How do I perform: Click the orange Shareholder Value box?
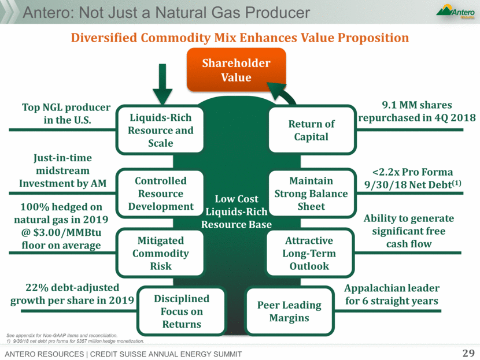(237, 70)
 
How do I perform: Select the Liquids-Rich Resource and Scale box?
(160, 129)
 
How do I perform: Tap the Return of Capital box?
(312, 129)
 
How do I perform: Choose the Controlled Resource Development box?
(160, 194)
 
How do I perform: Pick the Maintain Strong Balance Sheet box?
(312, 194)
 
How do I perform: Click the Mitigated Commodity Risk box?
(160, 253)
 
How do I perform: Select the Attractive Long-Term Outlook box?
(310, 253)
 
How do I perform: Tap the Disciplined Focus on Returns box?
(182, 311)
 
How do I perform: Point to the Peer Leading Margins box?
(289, 311)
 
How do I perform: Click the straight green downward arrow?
(163, 84)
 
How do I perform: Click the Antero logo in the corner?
(456, 12)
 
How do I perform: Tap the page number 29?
(468, 353)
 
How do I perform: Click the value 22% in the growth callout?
(37, 288)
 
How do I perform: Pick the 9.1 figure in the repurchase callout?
(389, 105)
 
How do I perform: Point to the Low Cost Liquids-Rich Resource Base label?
(237, 211)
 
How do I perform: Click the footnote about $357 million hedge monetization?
(75, 341)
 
